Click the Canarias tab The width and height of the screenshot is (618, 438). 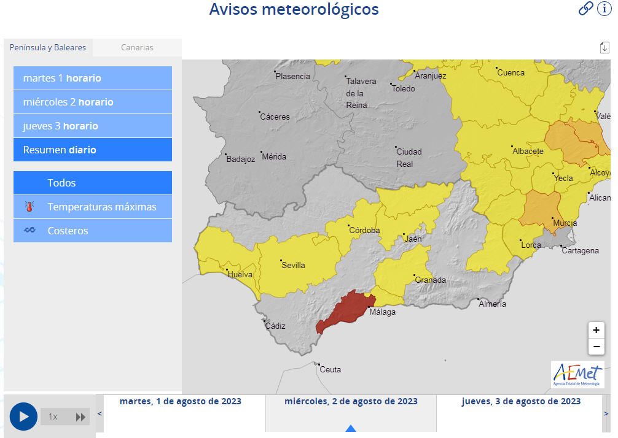[137, 47]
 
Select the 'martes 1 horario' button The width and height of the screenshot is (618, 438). [93, 78]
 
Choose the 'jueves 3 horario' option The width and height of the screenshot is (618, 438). [93, 126]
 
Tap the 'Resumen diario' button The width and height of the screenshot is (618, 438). [93, 150]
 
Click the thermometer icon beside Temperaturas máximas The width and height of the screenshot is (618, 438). [29, 207]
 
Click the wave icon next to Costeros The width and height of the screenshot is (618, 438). [29, 231]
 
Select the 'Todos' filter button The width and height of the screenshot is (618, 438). [93, 183]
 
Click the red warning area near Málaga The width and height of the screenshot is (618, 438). [345, 310]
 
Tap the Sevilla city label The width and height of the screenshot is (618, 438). [293, 265]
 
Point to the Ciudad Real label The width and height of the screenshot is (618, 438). [409, 158]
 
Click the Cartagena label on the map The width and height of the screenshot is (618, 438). [580, 250]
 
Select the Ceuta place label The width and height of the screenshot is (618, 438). [331, 369]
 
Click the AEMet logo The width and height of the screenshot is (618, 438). [577, 374]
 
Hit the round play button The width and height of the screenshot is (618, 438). [23, 417]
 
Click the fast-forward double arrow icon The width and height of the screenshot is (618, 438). [80, 417]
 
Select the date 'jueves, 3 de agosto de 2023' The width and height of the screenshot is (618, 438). [521, 401]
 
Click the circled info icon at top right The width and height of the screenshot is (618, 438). [604, 9]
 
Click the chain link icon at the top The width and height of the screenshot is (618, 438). [586, 9]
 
